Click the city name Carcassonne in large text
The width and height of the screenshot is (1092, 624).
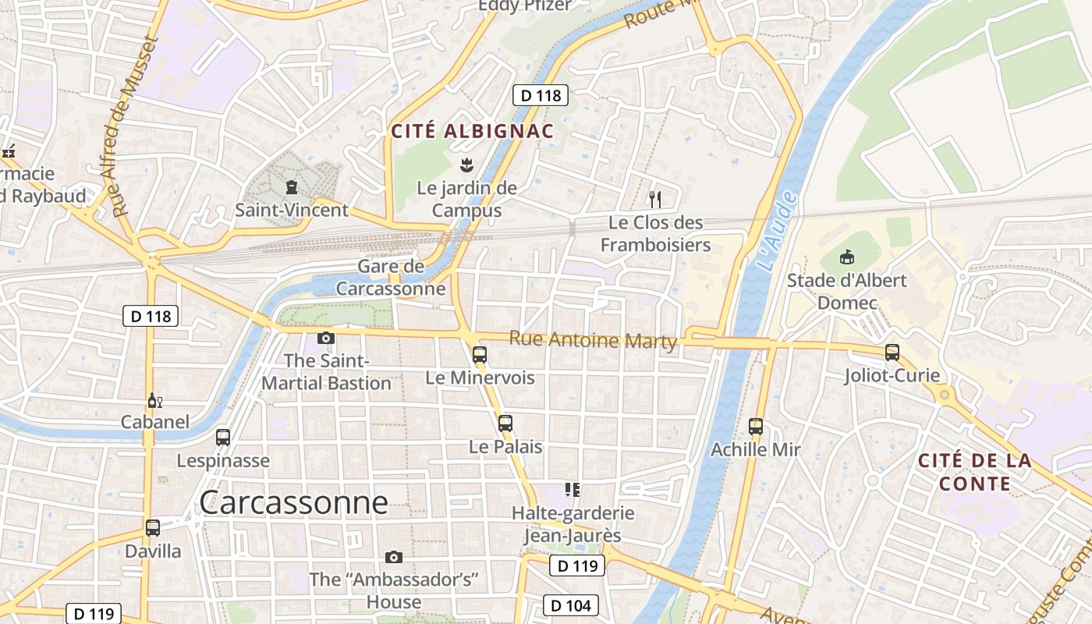(x=293, y=503)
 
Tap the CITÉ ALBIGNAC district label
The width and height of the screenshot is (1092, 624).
(x=472, y=132)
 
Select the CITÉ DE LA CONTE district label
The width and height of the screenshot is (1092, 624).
(x=975, y=472)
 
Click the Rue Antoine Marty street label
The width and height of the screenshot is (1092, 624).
(x=593, y=340)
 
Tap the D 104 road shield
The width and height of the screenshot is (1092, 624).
(x=571, y=604)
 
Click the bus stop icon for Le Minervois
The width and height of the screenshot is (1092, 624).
(x=480, y=355)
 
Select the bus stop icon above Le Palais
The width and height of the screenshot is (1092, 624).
(x=505, y=424)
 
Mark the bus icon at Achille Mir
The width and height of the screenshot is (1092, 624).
(x=756, y=427)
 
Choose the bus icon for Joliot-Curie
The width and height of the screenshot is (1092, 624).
(x=892, y=353)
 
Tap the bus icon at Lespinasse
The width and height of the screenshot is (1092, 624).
(x=223, y=438)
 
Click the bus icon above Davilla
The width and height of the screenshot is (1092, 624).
(x=153, y=528)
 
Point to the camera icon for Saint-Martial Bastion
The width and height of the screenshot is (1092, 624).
(x=326, y=338)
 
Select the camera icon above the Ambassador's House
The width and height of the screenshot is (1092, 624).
(x=394, y=557)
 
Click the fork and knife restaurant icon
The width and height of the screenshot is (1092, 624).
(x=655, y=200)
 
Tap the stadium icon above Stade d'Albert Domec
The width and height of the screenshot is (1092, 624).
(x=847, y=257)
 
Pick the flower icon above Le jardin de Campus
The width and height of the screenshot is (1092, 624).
(x=466, y=165)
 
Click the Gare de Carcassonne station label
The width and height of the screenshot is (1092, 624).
(x=391, y=277)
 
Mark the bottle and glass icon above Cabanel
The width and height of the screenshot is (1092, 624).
(x=155, y=401)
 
